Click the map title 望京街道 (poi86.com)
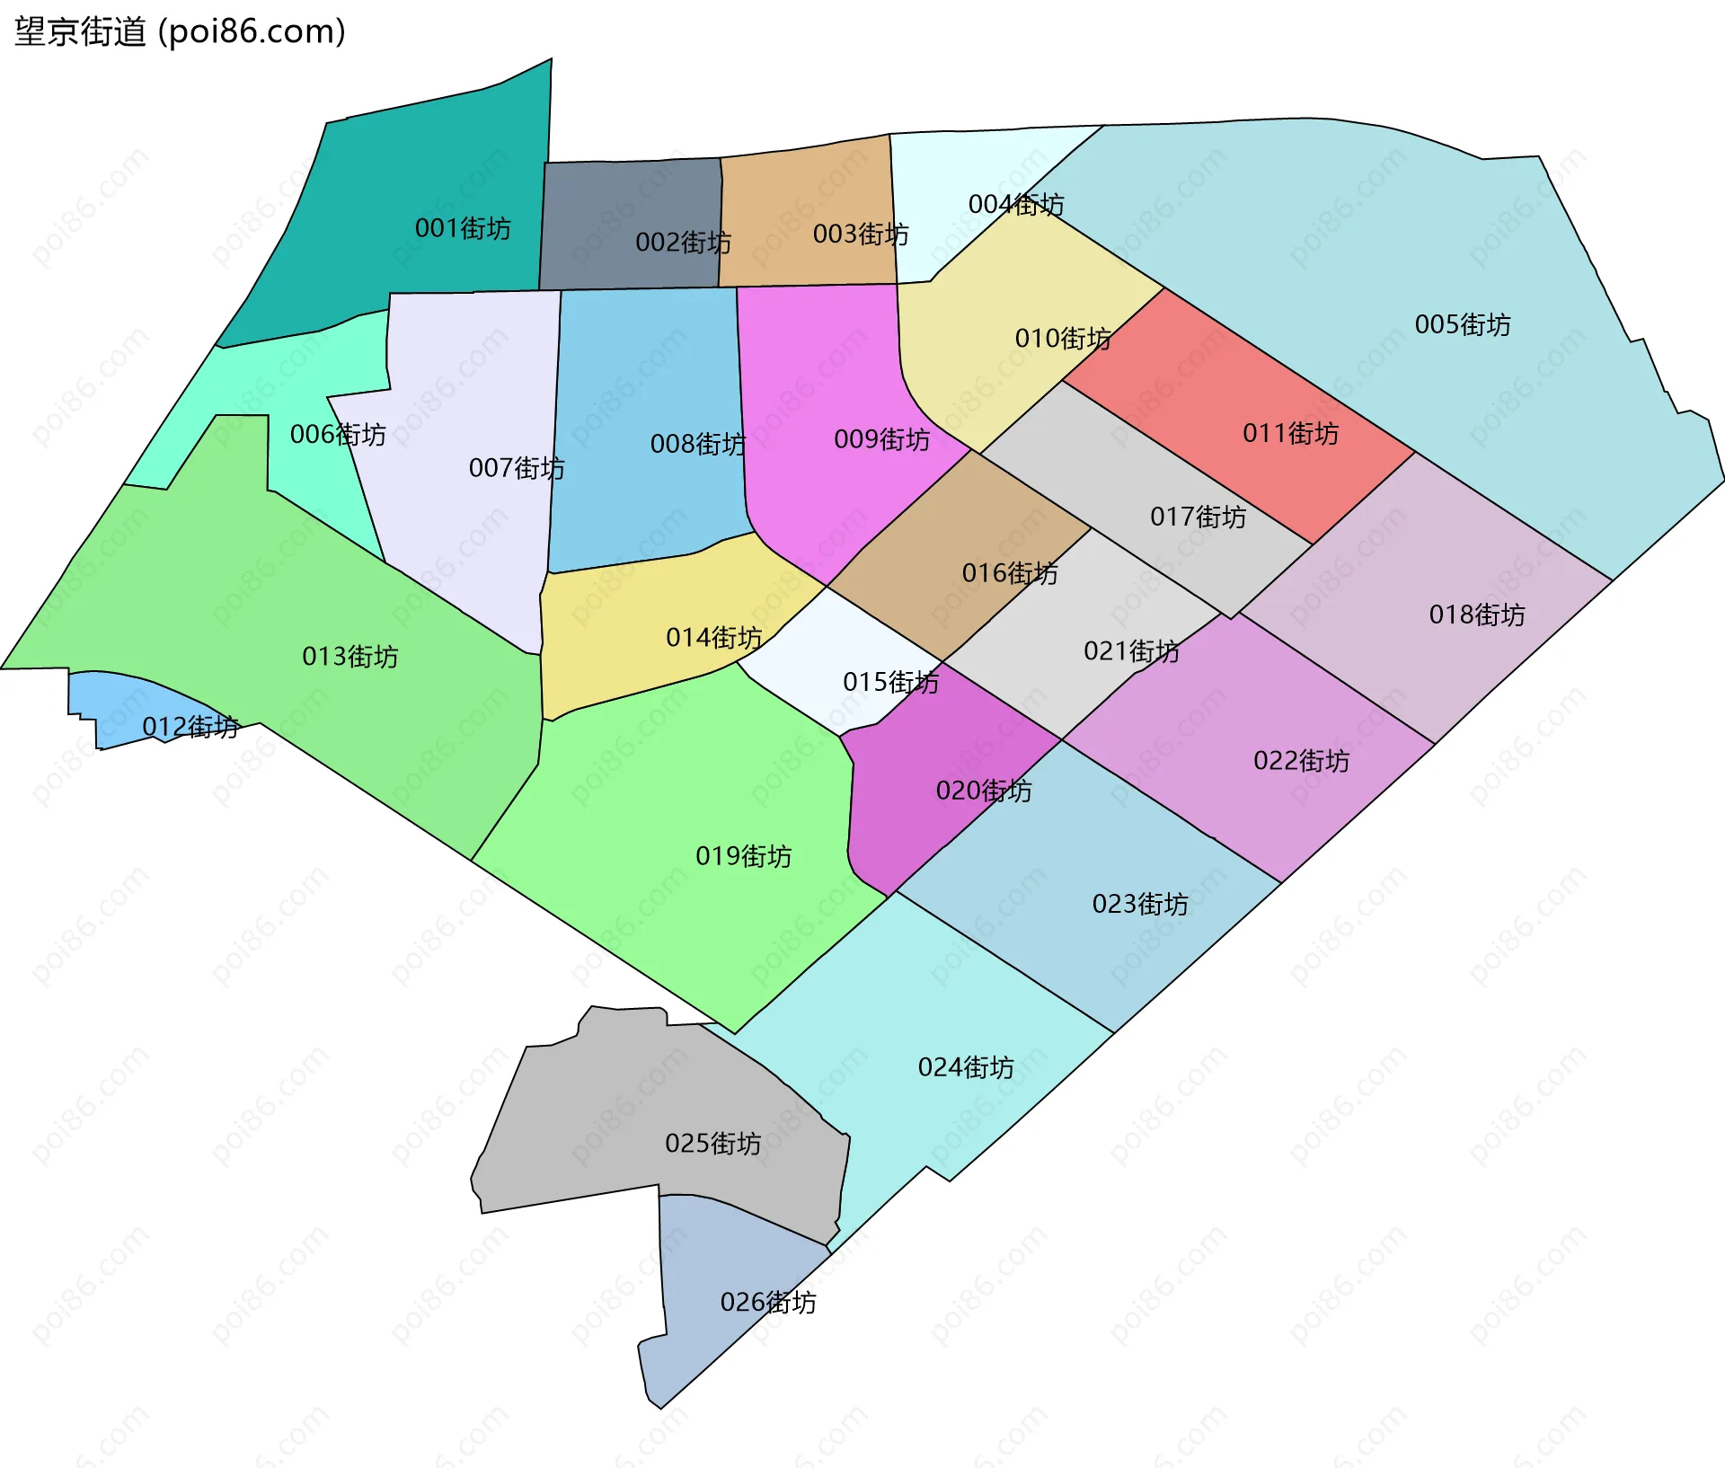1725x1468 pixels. (x=180, y=32)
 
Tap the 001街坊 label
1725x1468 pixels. (x=463, y=228)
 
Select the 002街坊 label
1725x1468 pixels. (x=683, y=243)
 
